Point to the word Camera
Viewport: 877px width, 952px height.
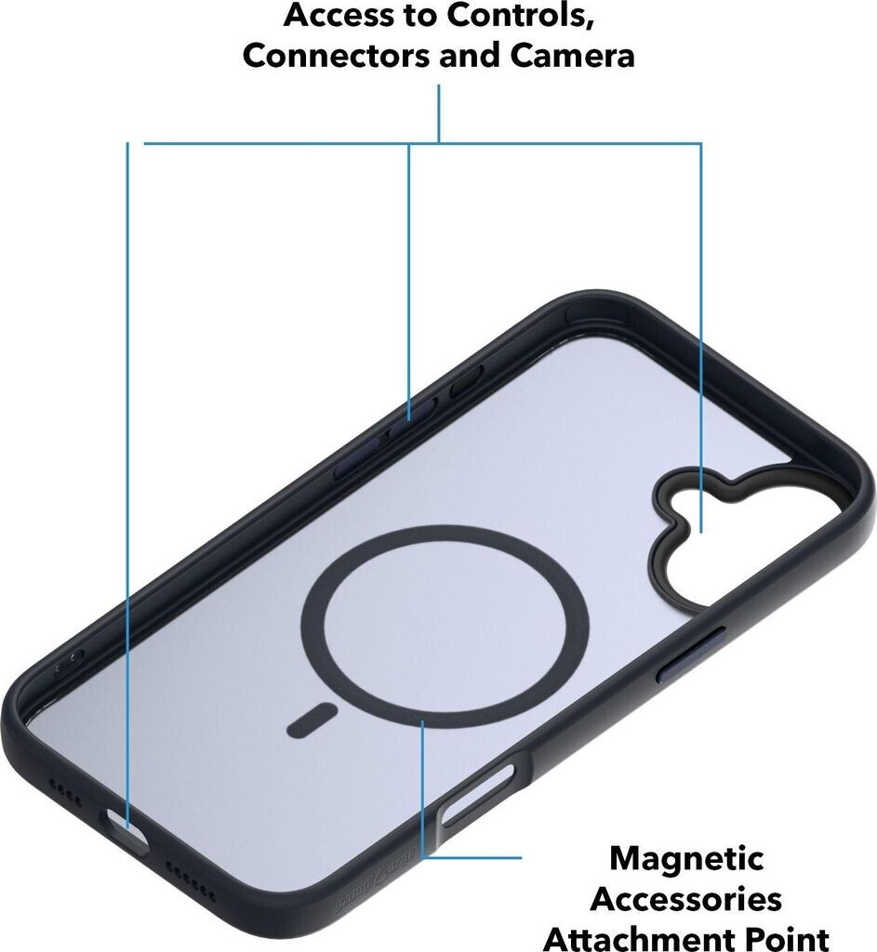pos(572,55)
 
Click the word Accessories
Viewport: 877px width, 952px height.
pos(686,900)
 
